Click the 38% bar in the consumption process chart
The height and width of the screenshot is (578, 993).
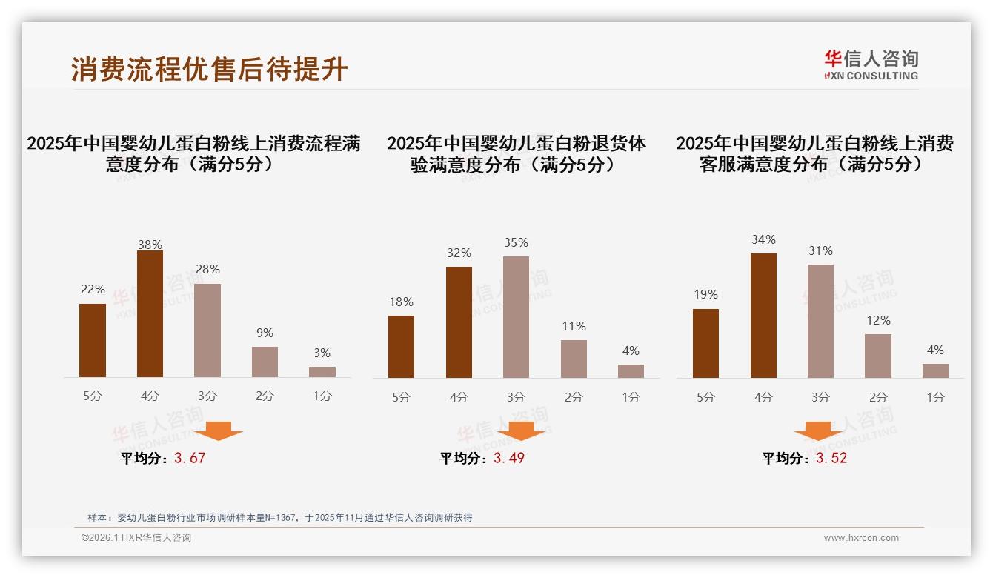150,314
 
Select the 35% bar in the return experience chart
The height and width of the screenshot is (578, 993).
516,317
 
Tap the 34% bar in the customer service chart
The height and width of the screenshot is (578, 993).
763,316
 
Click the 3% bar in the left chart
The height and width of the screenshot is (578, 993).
322,372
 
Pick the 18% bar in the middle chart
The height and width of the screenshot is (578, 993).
401,347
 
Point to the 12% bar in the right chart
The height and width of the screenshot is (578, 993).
878,356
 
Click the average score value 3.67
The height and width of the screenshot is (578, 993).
190,458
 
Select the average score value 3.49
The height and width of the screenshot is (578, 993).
509,458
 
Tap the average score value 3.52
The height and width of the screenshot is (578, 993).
831,458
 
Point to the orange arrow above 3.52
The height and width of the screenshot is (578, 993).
818,431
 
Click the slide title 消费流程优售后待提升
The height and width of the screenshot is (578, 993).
210,70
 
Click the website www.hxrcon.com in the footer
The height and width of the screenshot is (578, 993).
861,538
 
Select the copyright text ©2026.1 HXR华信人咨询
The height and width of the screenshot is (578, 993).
136,538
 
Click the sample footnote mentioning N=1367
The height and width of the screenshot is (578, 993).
280,518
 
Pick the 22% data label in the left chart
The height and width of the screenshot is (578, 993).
93,289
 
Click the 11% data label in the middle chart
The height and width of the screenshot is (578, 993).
574,326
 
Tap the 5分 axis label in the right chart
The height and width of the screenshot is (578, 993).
705,397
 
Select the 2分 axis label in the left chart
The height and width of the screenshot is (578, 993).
265,396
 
